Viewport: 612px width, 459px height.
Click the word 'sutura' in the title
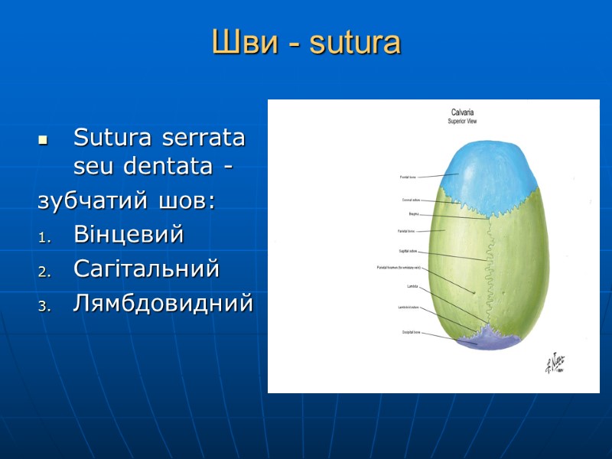(356, 43)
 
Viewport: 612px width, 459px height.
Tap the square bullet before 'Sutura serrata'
(43, 141)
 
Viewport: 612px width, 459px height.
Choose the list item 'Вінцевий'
(129, 235)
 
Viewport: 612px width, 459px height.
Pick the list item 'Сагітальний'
(146, 269)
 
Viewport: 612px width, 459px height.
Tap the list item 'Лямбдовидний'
(163, 303)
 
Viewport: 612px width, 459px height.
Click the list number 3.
(43, 304)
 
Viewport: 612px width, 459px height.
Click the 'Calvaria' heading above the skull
(461, 112)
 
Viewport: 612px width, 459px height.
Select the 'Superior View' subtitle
(461, 122)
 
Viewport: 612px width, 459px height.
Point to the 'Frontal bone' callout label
(408, 177)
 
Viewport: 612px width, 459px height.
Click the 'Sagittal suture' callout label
(409, 251)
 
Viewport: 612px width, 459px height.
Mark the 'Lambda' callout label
(412, 287)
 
